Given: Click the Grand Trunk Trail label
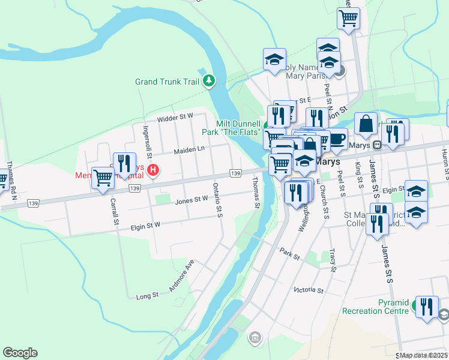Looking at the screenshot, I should pos(166,82).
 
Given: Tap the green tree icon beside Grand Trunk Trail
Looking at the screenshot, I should pos(208,80).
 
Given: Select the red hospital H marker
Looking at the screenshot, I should pos(153,170).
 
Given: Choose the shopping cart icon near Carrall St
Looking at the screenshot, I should pos(103,177).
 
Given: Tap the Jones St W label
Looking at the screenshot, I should pos(191,201).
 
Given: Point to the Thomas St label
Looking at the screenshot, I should pos(256,193).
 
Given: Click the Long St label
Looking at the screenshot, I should pos(147,296).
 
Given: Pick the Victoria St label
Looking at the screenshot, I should pos(309,290).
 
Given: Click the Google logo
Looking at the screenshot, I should pos(20,353).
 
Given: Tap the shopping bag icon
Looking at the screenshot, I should pos(365,124).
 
